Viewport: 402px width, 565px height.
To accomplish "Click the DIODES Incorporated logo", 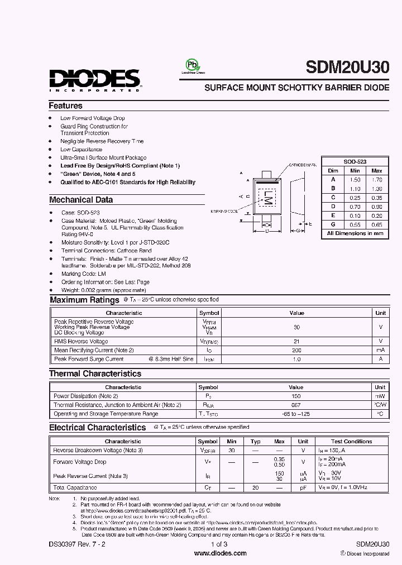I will pyautogui.click(x=94, y=79).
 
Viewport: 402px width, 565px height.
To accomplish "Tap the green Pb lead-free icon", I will pyautogui.click(x=192, y=66).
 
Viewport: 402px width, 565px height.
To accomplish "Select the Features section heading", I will pyautogui.click(x=65, y=106).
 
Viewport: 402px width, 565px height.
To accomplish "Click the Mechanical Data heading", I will pyautogui.click(x=81, y=200).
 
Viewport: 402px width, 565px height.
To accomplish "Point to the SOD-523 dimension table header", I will pyautogui.click(x=355, y=161).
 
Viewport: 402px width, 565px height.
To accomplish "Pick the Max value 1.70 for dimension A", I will pyautogui.click(x=377, y=179).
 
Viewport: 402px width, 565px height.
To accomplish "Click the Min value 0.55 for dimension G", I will pyautogui.click(x=355, y=224).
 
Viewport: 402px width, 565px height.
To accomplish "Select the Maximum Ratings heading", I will pyautogui.click(x=84, y=300).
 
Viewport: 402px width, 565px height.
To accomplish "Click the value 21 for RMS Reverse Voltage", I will pyautogui.click(x=296, y=341).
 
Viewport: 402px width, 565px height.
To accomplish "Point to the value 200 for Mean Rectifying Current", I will pyautogui.click(x=296, y=350).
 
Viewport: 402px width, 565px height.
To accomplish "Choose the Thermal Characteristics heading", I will pyautogui.click(x=95, y=374).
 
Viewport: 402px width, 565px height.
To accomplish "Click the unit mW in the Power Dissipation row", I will pyautogui.click(x=380, y=396).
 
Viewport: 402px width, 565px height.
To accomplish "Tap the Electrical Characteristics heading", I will pyautogui.click(x=97, y=428).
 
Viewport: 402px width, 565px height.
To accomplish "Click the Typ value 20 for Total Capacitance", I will pyautogui.click(x=256, y=487).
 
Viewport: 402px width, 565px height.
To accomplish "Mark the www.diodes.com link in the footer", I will pyautogui.click(x=220, y=553).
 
